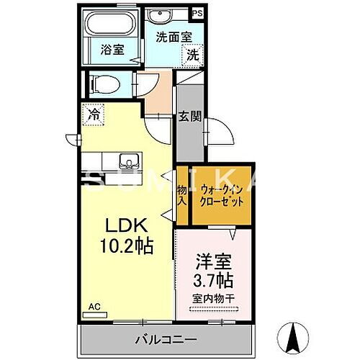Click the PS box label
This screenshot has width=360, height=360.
pos(197,12)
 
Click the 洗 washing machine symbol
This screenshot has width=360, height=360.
pos(193,53)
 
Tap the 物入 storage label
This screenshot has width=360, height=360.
pos(182,195)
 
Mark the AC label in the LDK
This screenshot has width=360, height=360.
pos(94,306)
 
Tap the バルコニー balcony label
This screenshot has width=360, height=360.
pos(164,337)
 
